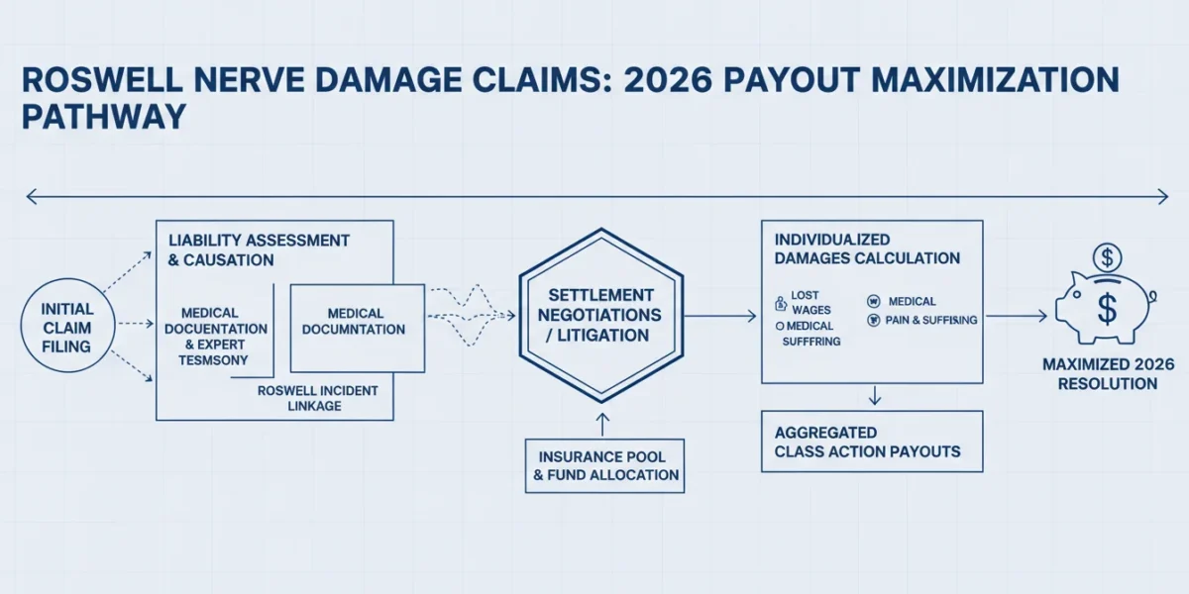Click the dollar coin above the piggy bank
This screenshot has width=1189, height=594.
[1107, 258]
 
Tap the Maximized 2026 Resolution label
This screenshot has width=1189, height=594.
[1109, 374]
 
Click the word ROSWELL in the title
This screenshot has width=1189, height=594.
[102, 80]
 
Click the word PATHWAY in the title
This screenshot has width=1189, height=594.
[104, 117]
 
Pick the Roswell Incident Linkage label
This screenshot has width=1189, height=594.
[317, 398]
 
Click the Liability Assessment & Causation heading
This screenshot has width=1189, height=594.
[259, 249]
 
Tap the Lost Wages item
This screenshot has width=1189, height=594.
[804, 302]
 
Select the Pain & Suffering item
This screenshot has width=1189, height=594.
[922, 320]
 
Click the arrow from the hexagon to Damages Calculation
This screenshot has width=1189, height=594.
[720, 316]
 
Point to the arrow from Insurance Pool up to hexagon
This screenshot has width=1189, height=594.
[602, 425]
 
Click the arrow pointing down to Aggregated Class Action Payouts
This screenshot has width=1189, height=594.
[875, 396]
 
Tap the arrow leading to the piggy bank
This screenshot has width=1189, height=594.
[1017, 316]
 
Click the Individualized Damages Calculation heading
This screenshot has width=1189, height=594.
[867, 248]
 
